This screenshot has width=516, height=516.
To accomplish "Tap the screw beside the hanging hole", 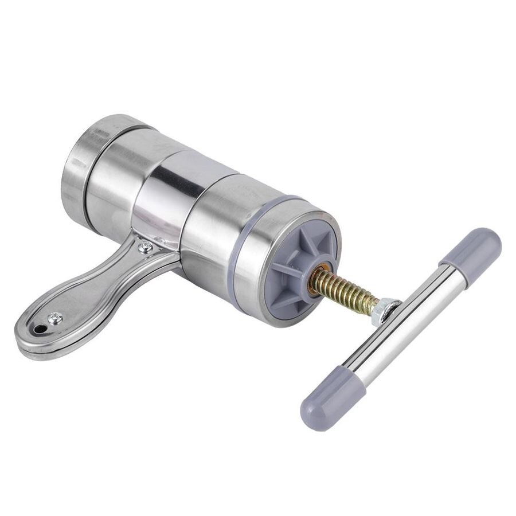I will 56,317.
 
